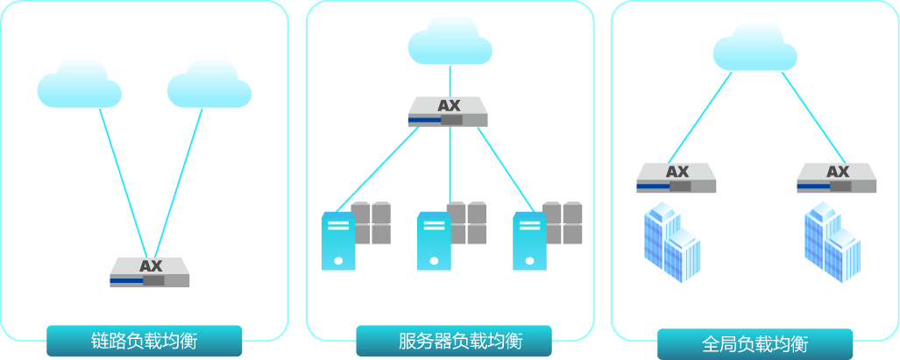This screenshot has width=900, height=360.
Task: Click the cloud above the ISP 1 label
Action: [x=79, y=84]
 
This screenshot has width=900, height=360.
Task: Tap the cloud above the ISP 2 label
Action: [x=209, y=84]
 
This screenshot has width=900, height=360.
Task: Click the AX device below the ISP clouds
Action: [x=150, y=272]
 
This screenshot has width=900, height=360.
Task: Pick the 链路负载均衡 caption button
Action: [x=144, y=341]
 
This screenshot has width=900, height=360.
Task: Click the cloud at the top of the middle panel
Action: [x=449, y=40]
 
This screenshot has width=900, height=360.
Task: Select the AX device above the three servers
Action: [x=449, y=112]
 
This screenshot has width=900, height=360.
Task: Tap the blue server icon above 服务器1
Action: [x=339, y=240]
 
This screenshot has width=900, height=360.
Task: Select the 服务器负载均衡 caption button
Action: [x=453, y=341]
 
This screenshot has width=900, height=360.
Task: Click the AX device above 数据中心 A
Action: [x=677, y=178]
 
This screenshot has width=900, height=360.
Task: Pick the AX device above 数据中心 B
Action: [x=837, y=178]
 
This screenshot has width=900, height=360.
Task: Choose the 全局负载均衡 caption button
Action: [x=755, y=343]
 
